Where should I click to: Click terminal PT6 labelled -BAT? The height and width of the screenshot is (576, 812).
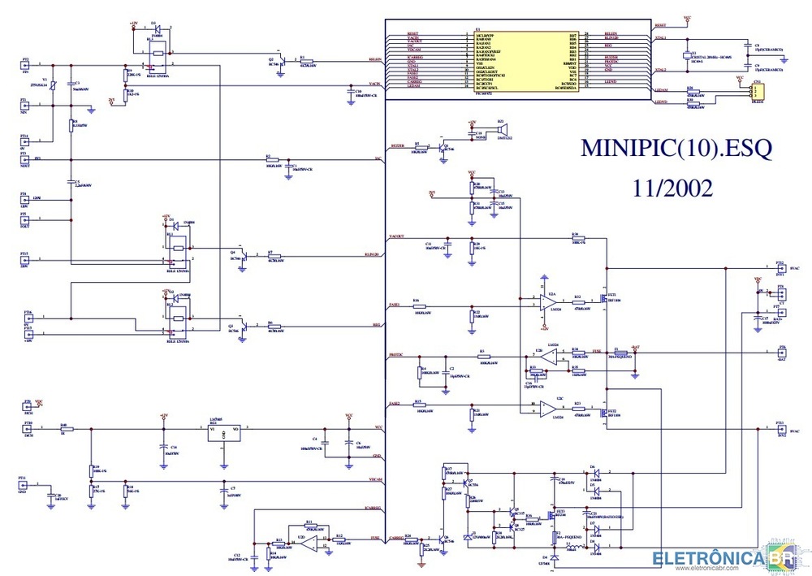tap(781, 353)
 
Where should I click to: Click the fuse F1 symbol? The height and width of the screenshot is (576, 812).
tap(617, 353)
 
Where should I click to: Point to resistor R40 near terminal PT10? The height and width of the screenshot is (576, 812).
tap(63, 428)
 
